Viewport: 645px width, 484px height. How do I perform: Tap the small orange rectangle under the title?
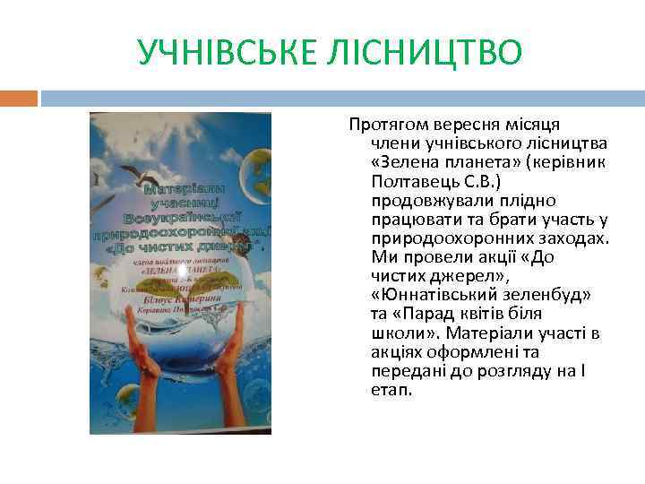(x=19, y=97)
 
